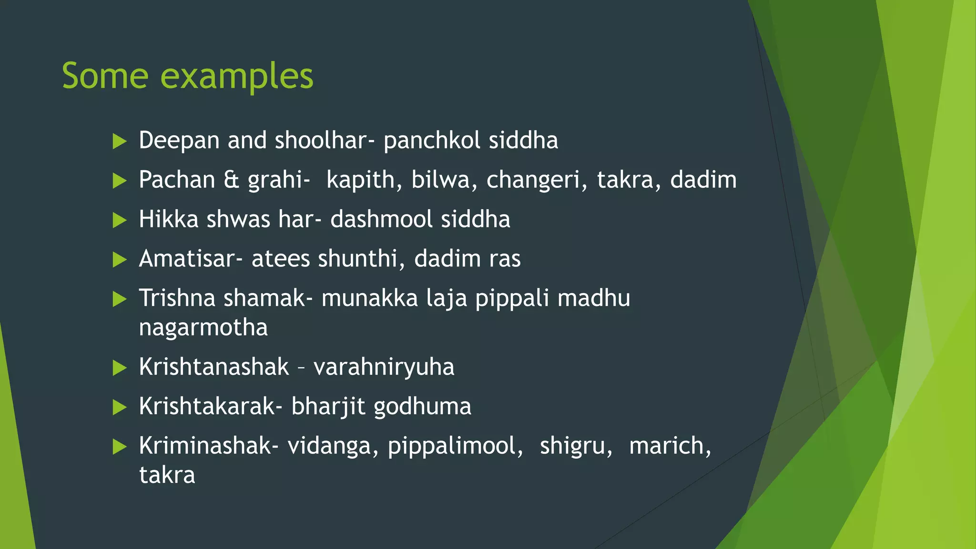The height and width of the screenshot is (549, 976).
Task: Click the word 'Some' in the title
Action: coord(105,76)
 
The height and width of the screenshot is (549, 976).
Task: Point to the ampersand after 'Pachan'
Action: coord(231,180)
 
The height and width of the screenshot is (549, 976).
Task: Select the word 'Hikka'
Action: coord(168,220)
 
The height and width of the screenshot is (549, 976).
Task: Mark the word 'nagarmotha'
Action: coord(203,328)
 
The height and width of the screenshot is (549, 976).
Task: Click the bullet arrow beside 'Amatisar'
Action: coord(119,260)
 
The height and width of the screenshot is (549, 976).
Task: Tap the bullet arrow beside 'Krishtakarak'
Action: coord(119,407)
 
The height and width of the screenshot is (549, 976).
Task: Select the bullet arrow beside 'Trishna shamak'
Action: coord(119,299)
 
